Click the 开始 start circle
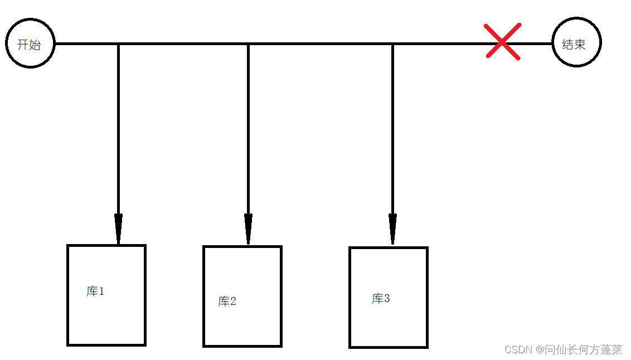30,43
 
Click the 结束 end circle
576,42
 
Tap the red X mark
503,41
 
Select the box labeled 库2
242,323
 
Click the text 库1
95,291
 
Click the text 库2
227,301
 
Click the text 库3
381,299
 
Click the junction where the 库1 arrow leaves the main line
118,43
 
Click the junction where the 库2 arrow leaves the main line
248,43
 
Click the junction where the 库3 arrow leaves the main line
392,43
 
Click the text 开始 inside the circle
28,45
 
